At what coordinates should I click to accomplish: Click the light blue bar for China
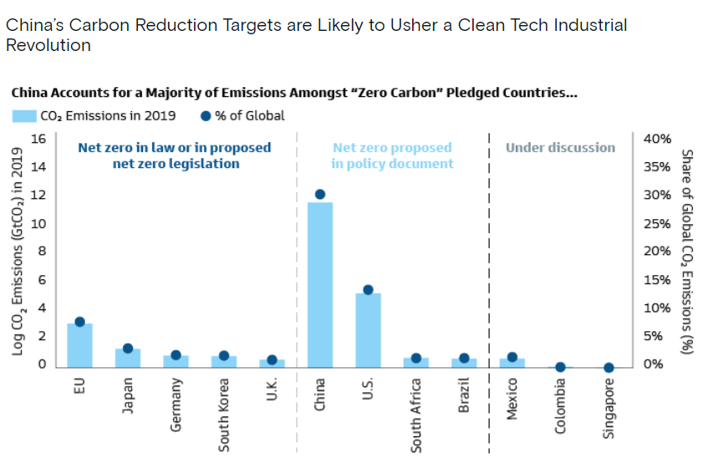pyautogui.click(x=320, y=284)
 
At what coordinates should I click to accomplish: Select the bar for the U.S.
pyautogui.click(x=368, y=329)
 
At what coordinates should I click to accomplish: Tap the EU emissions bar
pyautogui.click(x=79, y=344)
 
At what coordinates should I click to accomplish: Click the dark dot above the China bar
pyautogui.click(x=320, y=194)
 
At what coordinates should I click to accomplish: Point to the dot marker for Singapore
pyautogui.click(x=609, y=367)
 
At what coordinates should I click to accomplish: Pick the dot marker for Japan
pyautogui.click(x=128, y=348)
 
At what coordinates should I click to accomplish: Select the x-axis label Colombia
pyautogui.click(x=561, y=405)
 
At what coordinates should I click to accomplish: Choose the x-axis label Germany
pyautogui.click(x=176, y=406)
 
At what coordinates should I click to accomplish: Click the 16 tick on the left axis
pyautogui.click(x=38, y=138)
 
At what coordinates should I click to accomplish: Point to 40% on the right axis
pyautogui.click(x=657, y=138)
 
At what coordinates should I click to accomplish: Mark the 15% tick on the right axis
pyautogui.click(x=657, y=279)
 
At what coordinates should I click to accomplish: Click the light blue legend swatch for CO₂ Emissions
pyautogui.click(x=23, y=116)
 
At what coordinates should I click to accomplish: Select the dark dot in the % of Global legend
pyautogui.click(x=206, y=116)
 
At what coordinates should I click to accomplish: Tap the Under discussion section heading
pyautogui.click(x=560, y=148)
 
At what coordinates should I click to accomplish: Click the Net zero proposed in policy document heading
pyautogui.click(x=392, y=156)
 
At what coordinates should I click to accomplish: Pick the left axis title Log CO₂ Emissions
pyautogui.click(x=18, y=251)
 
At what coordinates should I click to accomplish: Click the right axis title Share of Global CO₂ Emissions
pyautogui.click(x=687, y=251)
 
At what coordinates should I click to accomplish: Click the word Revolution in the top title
pyautogui.click(x=48, y=45)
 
